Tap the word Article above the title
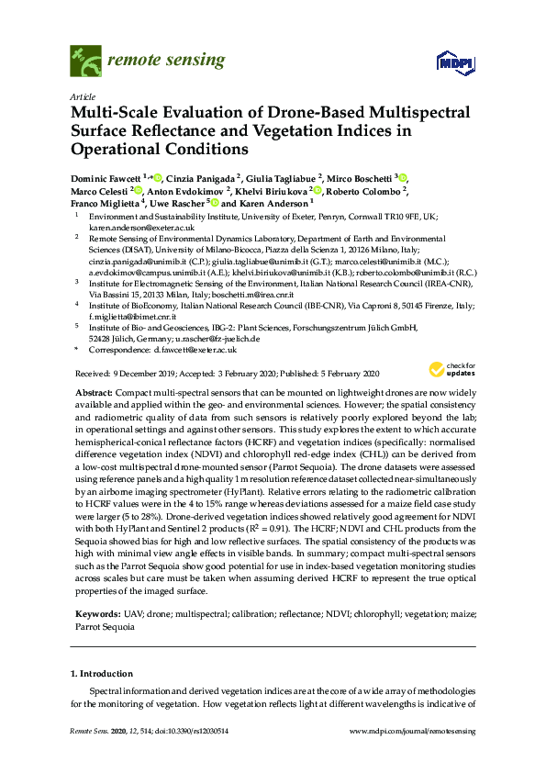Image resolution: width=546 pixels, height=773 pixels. pyautogui.click(x=81, y=95)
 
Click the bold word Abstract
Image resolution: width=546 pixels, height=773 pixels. pyautogui.click(x=95, y=392)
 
